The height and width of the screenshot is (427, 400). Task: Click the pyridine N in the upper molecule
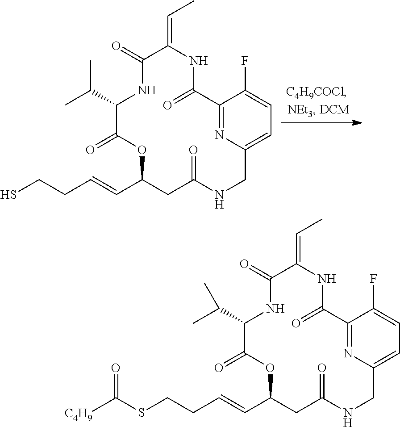[219, 134]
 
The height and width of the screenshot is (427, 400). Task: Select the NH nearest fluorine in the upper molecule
[198, 61]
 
